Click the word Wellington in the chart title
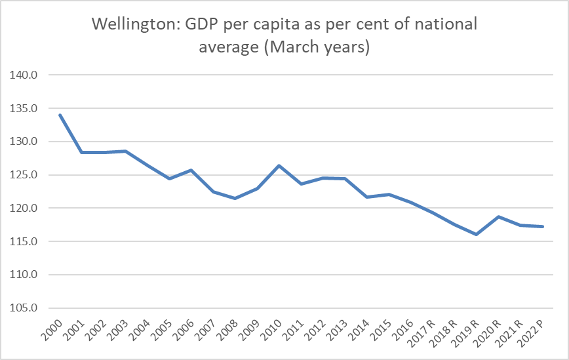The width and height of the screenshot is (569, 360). (132, 26)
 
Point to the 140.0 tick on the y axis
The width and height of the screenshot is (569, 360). (26, 75)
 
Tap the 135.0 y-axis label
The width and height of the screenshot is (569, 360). (26, 108)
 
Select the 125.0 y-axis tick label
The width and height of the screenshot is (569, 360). (26, 175)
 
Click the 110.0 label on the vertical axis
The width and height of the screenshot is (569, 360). (26, 275)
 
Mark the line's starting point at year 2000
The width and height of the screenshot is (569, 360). (60, 115)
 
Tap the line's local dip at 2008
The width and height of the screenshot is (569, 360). (235, 198)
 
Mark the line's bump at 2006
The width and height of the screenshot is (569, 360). (191, 170)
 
